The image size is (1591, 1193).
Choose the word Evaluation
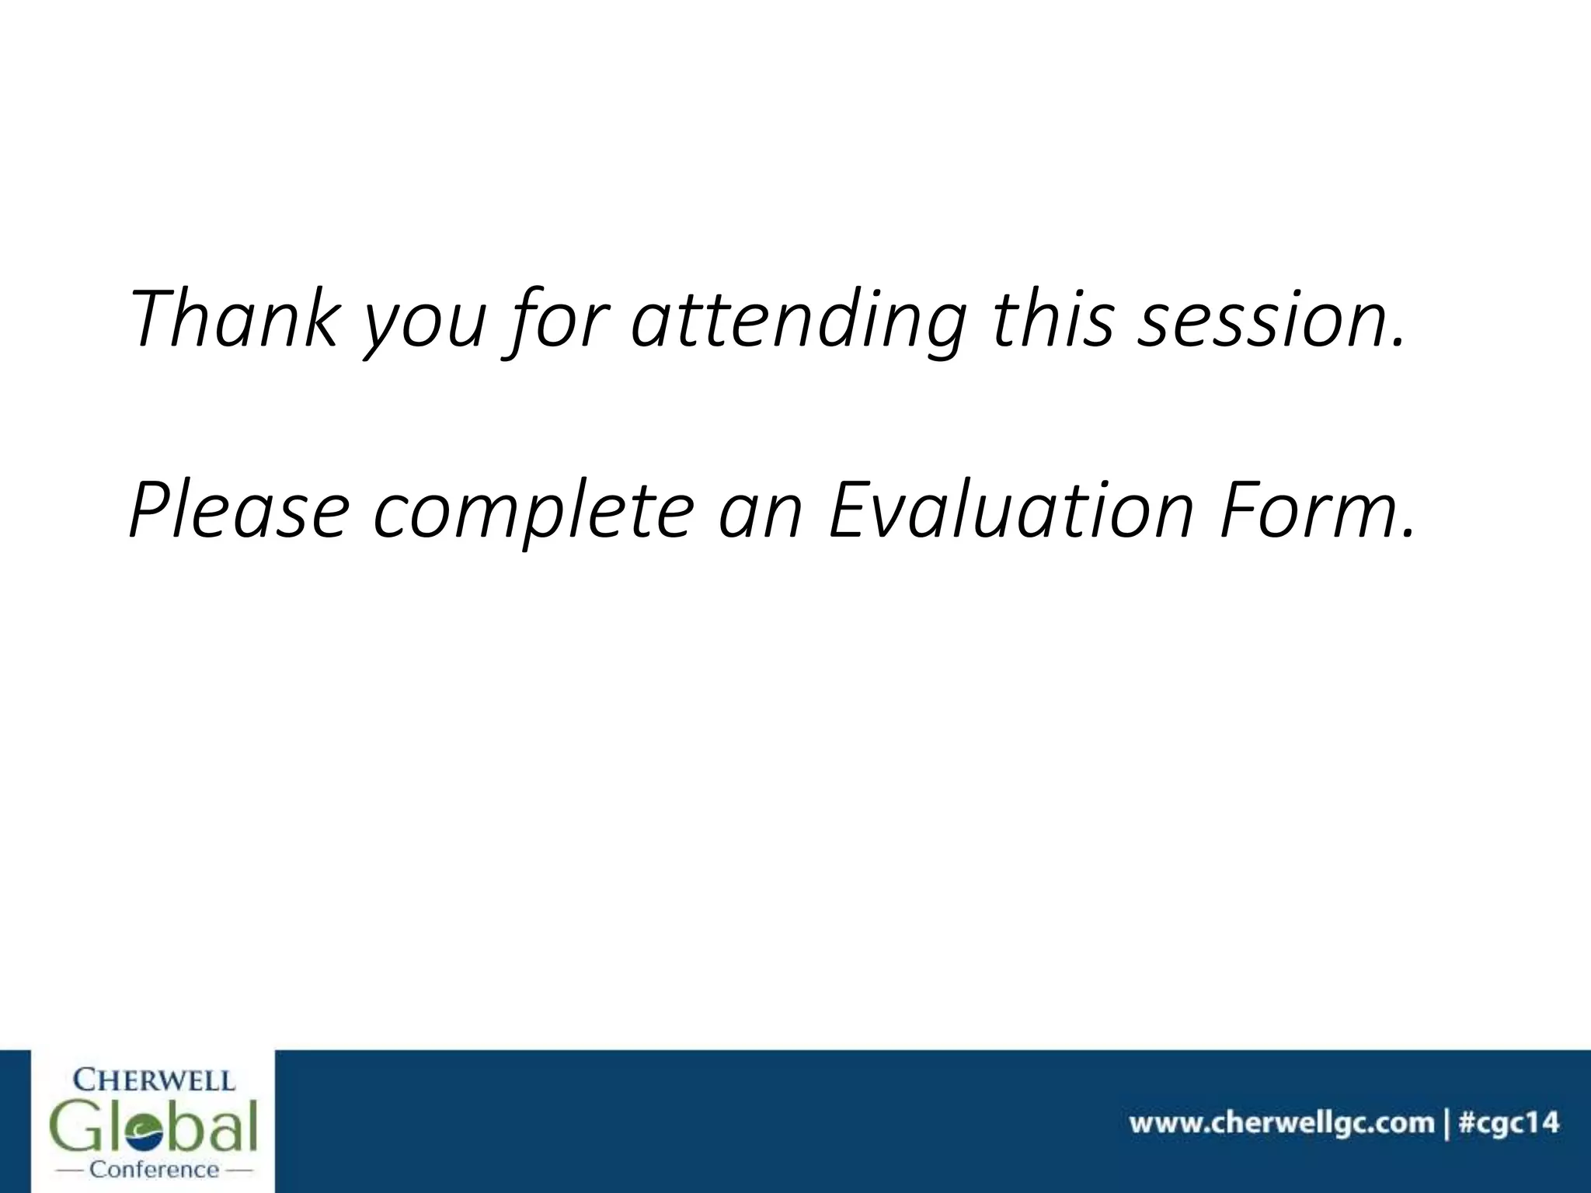pos(1010,510)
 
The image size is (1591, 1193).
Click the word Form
pos(1305,510)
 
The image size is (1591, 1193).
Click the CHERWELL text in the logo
pos(154,1080)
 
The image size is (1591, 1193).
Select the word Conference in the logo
pos(155,1169)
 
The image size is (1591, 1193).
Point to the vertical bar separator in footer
pos(1446,1123)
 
